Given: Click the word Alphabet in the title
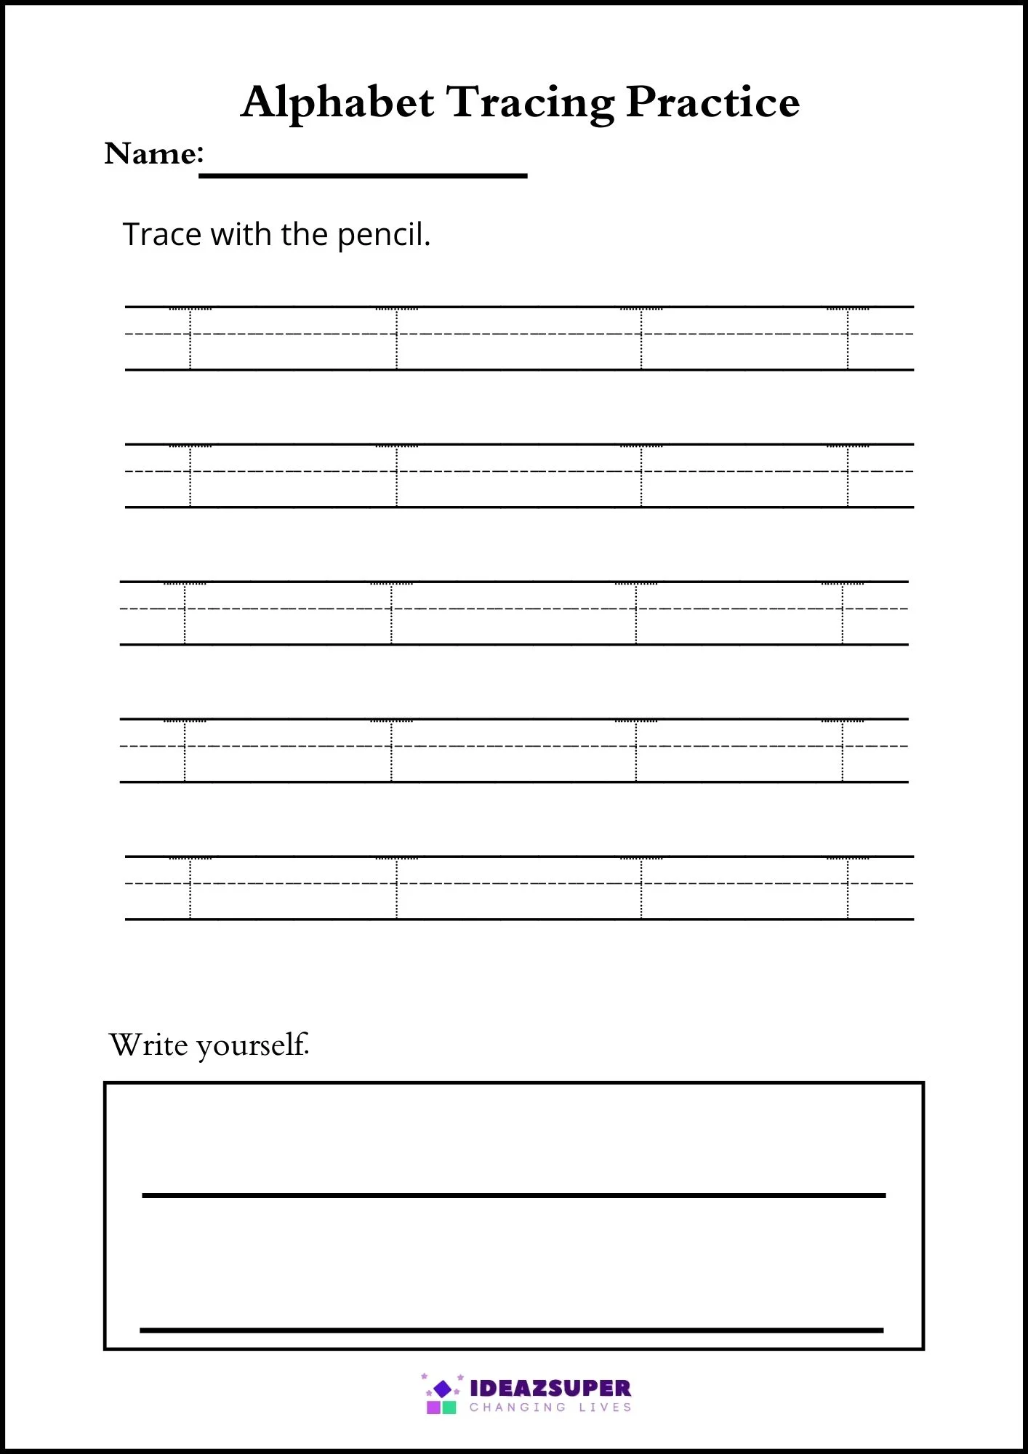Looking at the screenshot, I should tap(337, 102).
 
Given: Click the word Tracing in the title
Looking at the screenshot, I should tap(530, 102).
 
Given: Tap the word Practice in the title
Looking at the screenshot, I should tap(712, 102).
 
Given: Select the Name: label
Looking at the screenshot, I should tap(154, 153).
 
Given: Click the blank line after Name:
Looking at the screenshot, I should tap(363, 175).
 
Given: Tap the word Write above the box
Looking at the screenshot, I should tap(148, 1045).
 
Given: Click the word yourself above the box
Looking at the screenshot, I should tap(252, 1045).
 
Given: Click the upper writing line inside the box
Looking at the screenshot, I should tap(513, 1195).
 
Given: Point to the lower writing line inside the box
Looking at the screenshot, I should tap(511, 1330).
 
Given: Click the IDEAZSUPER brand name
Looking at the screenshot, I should tap(550, 1388).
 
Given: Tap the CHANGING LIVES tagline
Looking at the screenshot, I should tap(550, 1407).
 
